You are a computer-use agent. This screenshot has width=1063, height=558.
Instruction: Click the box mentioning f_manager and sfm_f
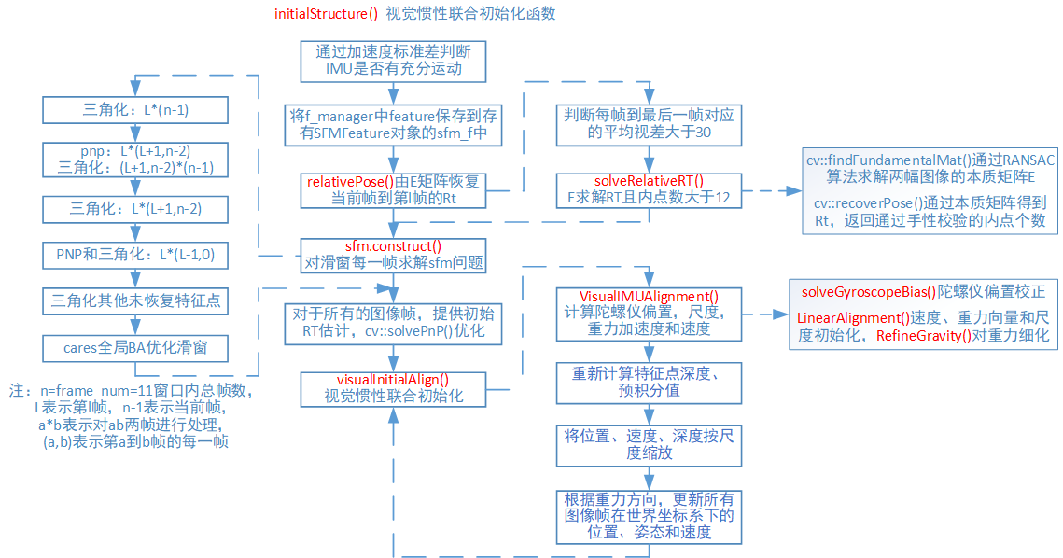click(x=393, y=126)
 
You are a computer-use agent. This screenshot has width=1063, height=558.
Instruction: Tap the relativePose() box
click(x=393, y=190)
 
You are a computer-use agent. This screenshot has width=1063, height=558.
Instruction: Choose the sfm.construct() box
click(x=393, y=254)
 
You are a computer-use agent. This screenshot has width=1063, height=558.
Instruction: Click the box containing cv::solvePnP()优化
click(x=393, y=323)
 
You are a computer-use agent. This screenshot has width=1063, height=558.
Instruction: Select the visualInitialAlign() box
click(x=393, y=388)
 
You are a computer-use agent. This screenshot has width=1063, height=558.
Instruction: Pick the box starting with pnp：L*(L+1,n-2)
click(x=136, y=160)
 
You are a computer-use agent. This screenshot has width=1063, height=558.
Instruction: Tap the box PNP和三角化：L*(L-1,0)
click(x=136, y=255)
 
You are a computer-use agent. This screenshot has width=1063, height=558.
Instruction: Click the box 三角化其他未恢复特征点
click(x=136, y=301)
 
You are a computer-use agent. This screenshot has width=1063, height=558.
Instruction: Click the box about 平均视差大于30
click(x=650, y=124)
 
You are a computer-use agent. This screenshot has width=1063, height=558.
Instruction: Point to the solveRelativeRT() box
click(x=650, y=189)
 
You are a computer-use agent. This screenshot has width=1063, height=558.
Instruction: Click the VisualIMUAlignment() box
click(x=650, y=313)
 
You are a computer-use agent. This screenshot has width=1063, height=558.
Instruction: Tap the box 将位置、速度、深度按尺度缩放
click(x=650, y=444)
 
